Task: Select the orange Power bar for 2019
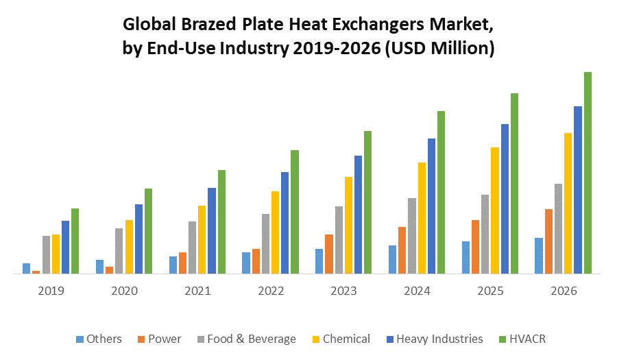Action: (x=36, y=272)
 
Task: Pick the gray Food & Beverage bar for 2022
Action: (x=265, y=244)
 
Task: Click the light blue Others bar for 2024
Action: (x=393, y=260)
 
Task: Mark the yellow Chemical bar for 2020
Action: (x=129, y=247)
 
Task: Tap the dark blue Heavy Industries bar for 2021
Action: (x=212, y=231)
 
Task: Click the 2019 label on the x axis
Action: (x=51, y=291)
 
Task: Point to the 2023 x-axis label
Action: (x=344, y=291)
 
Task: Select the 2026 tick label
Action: (x=564, y=291)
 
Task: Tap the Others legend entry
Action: (x=104, y=339)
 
